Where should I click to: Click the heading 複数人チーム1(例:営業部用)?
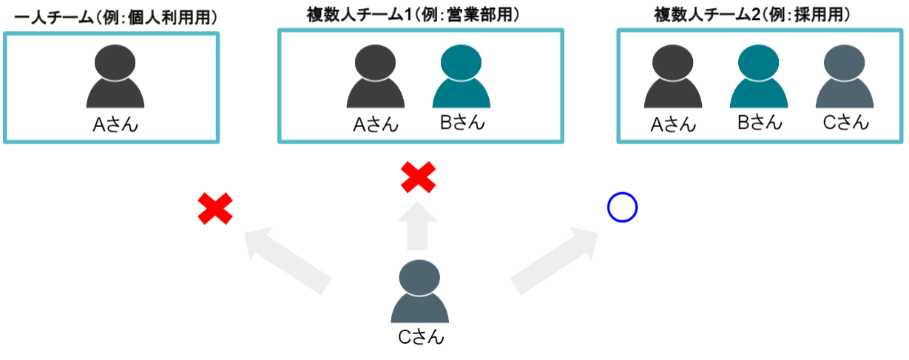(413, 15)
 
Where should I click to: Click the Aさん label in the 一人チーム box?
(115, 125)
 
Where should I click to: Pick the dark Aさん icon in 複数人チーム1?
(376, 78)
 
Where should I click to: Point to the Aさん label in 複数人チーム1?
(376, 125)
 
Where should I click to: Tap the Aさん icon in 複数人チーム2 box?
(672, 78)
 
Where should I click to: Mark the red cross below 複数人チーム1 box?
(418, 178)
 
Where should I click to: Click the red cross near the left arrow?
(215, 208)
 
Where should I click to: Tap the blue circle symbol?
(622, 208)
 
